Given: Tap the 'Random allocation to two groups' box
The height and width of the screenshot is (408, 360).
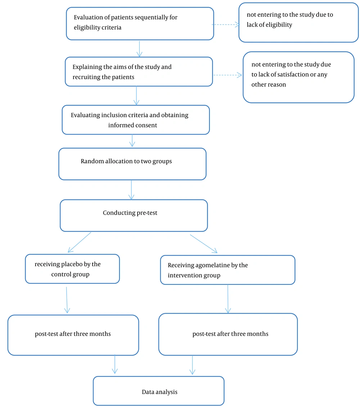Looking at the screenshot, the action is click(x=132, y=164).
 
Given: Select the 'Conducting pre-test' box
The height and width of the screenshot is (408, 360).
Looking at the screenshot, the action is click(x=134, y=215).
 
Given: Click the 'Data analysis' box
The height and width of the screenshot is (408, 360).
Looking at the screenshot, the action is click(x=159, y=391).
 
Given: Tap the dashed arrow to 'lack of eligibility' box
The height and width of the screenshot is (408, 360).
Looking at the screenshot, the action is click(x=226, y=25).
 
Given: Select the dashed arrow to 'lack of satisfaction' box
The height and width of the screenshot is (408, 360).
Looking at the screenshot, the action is click(x=228, y=75).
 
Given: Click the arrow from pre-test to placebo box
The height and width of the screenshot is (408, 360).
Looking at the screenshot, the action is click(x=79, y=242).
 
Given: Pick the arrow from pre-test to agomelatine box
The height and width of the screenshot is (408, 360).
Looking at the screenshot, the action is click(x=204, y=244).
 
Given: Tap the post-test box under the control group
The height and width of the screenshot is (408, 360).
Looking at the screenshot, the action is click(x=73, y=335).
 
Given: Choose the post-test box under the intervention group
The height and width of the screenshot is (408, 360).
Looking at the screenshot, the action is click(x=228, y=335).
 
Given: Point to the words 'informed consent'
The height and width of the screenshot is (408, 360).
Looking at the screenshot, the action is click(x=132, y=125).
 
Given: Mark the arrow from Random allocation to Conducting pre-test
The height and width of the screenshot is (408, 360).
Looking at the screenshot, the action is click(x=131, y=190).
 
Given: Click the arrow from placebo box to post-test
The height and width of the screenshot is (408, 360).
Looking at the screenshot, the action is click(x=67, y=300).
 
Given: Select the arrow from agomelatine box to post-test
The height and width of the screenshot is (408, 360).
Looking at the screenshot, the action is click(x=228, y=299).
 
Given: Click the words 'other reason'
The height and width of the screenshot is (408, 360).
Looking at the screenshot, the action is click(x=269, y=85).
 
